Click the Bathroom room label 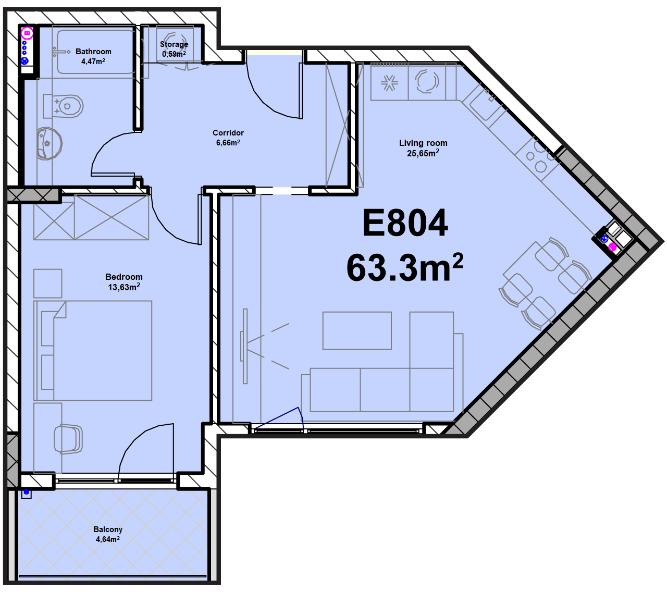93,52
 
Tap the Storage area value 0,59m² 174,54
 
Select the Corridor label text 228,133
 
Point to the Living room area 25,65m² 423,153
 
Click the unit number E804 405,223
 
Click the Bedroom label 124,277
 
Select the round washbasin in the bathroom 50,143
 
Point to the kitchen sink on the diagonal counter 483,102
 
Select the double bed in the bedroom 93,350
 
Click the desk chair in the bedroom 68,439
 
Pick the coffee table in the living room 357,330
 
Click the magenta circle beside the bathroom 27,33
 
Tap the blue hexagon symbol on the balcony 27,492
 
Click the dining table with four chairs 545,283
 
